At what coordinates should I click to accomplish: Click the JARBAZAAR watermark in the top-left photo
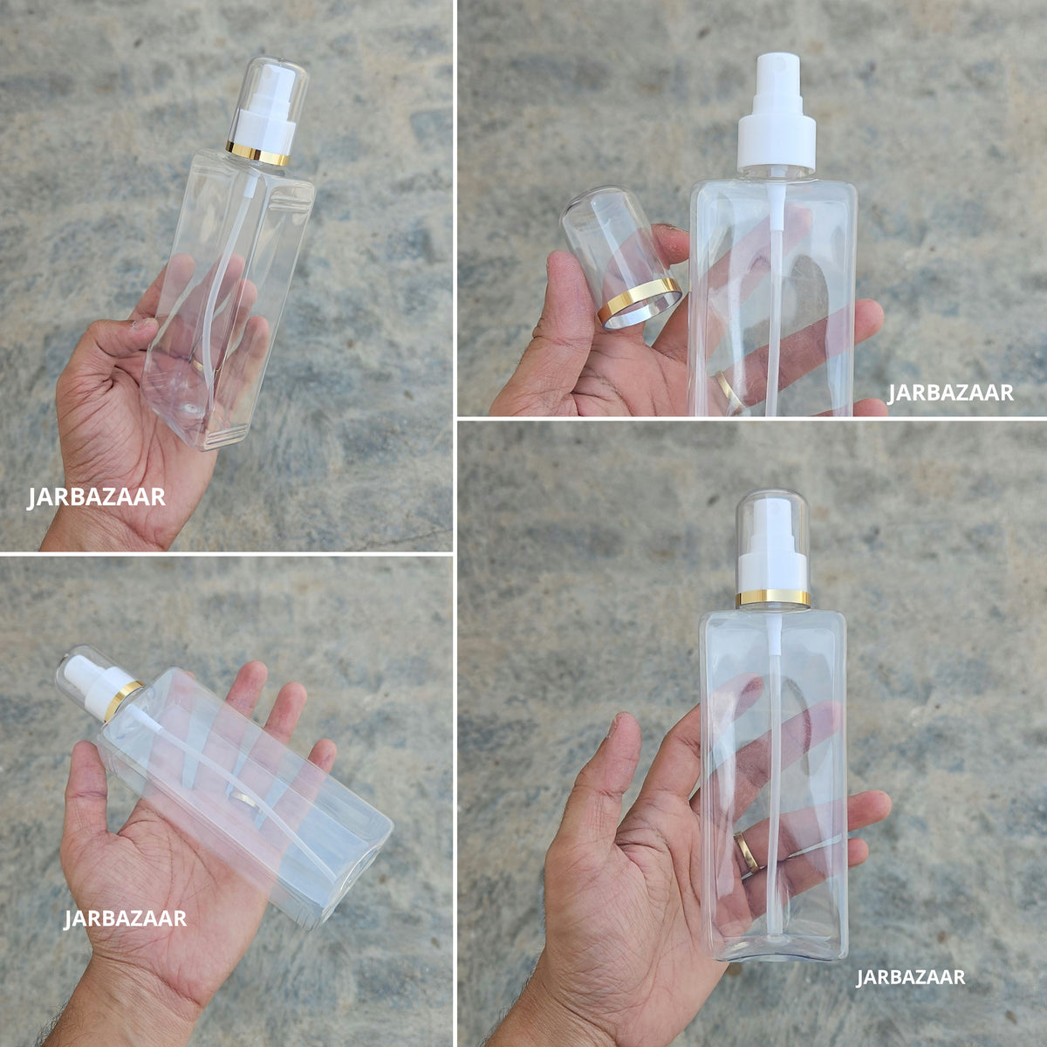(x=96, y=497)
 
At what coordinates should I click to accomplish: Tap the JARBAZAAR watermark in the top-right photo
(x=950, y=393)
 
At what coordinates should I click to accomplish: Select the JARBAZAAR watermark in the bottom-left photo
(x=125, y=918)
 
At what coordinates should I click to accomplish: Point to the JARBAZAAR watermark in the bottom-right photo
(x=911, y=977)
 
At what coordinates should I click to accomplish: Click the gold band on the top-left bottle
(x=257, y=154)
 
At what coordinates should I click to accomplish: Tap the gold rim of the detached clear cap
(x=640, y=305)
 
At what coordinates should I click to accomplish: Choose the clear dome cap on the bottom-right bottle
(x=773, y=544)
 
